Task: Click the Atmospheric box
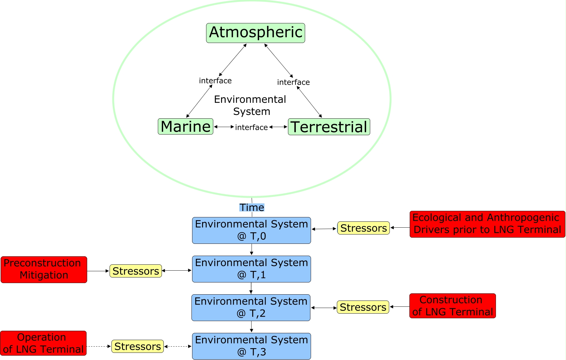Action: tap(255, 33)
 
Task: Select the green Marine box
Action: tap(186, 126)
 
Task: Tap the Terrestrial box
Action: tap(329, 127)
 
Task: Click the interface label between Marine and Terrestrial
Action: tap(251, 127)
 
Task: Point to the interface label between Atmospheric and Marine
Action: tap(215, 81)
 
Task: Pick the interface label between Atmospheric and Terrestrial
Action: tap(293, 82)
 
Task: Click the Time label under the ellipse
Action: tap(252, 207)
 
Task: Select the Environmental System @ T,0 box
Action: tap(251, 230)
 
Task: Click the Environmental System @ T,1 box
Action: tap(251, 269)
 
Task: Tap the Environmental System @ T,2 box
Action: tap(251, 307)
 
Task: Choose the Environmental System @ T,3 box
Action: tap(251, 346)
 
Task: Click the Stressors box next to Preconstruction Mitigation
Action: tap(136, 271)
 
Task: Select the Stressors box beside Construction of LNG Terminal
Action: tap(363, 307)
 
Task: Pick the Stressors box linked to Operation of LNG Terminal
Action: tap(137, 346)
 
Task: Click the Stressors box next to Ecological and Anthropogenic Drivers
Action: tap(363, 228)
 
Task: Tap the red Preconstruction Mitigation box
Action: tap(44, 269)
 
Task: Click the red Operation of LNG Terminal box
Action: tap(43, 343)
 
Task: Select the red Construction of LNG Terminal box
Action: tap(452, 306)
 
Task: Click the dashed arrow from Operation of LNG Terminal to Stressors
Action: tap(98, 346)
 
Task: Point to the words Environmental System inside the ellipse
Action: tap(250, 105)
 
